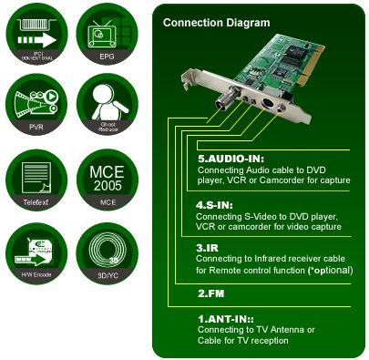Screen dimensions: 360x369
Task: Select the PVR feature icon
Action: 36,107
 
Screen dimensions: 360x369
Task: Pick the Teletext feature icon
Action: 36,179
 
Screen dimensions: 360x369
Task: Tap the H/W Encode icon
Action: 36,250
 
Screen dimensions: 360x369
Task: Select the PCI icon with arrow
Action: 36,36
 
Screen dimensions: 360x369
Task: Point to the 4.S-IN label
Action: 217,203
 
